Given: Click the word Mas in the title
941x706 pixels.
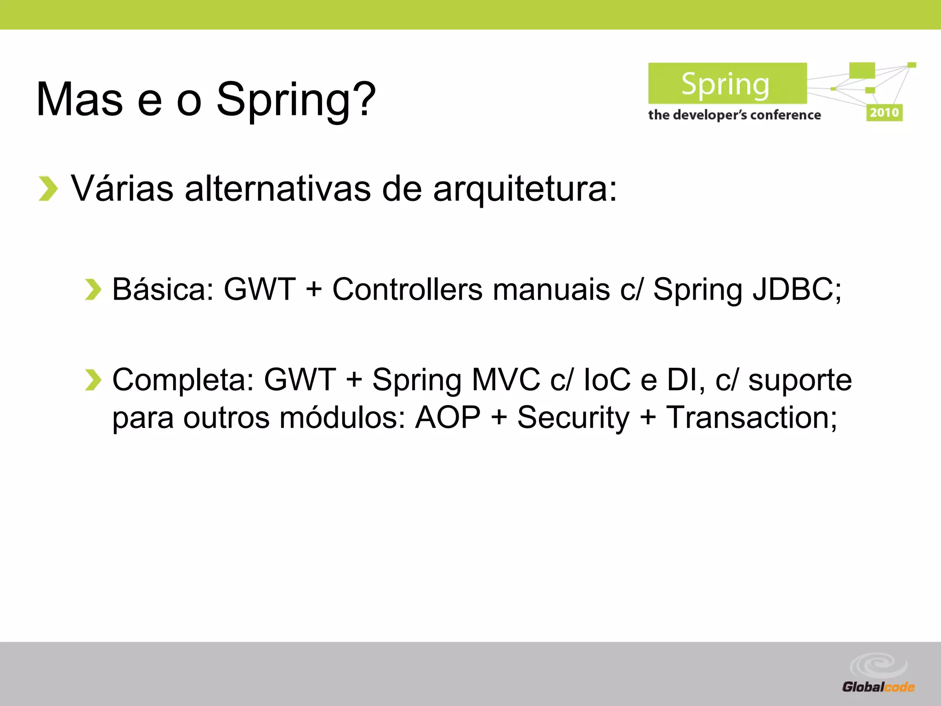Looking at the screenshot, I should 79,99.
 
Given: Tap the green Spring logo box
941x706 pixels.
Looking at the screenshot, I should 727,84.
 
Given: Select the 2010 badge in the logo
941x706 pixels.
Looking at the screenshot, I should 884,113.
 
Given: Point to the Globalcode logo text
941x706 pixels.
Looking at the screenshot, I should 878,687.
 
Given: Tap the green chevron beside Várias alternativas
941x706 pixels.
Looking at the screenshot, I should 48,188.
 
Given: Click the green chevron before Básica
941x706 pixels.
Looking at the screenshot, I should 93,290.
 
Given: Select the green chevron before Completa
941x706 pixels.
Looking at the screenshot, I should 93,380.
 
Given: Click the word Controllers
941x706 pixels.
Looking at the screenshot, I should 407,290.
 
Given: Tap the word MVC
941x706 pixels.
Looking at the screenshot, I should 506,380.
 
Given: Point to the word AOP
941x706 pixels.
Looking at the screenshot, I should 448,417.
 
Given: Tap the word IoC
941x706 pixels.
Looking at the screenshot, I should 607,380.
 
